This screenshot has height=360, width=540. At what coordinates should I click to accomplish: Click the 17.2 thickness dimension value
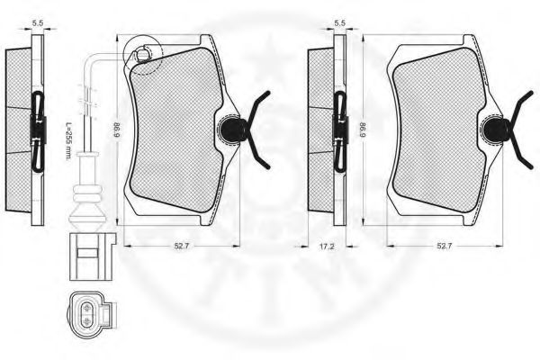click(x=327, y=247)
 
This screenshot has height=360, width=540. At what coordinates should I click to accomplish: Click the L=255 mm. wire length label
click(x=67, y=141)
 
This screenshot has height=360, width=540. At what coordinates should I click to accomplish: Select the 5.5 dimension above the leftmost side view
click(x=38, y=23)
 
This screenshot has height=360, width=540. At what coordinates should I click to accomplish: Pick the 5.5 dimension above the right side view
click(x=339, y=23)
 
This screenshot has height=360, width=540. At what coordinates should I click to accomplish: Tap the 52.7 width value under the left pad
click(x=182, y=246)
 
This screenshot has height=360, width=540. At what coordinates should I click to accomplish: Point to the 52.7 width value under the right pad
click(x=444, y=246)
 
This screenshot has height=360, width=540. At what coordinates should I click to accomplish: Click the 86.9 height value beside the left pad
click(x=118, y=130)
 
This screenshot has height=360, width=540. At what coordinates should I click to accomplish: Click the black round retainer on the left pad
click(x=229, y=130)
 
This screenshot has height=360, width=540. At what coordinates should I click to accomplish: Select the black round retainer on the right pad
click(x=494, y=130)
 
